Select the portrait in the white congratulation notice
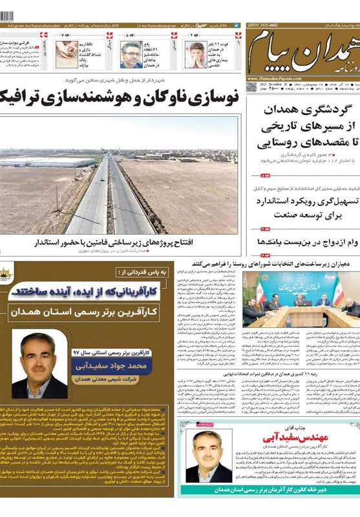[x=209, y=455]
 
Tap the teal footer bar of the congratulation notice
[x=270, y=490]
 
